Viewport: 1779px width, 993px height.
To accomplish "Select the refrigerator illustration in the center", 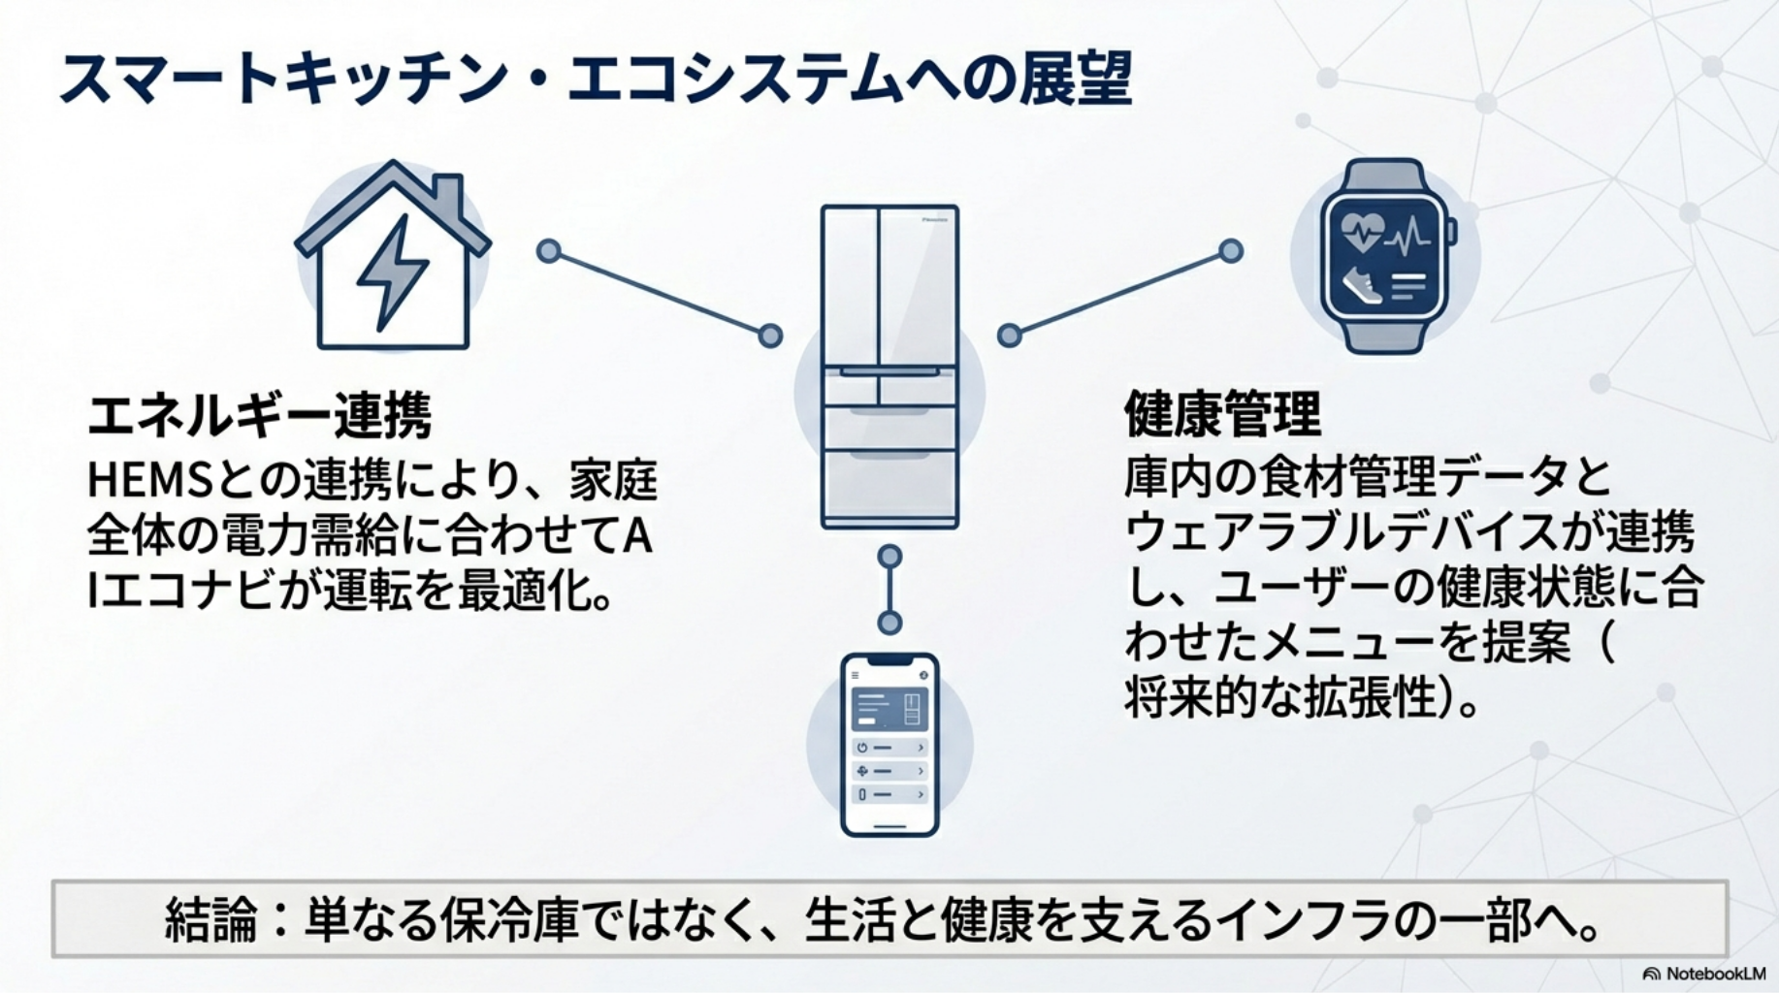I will click(889, 367).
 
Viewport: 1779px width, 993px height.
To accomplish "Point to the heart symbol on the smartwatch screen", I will click(1361, 231).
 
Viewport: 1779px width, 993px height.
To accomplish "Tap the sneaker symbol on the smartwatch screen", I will click(1361, 285).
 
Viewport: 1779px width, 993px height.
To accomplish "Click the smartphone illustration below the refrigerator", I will click(889, 744).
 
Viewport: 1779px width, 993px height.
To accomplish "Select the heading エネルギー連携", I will click(259, 416).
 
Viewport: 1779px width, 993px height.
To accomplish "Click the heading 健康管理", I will click(1222, 414).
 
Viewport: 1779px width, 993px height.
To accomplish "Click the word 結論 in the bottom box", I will click(211, 919).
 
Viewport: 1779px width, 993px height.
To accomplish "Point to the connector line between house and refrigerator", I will click(660, 294).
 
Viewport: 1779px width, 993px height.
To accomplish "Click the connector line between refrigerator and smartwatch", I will click(1120, 293).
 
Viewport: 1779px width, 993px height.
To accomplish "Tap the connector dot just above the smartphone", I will click(889, 622).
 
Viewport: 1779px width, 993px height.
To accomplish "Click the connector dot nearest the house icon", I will click(549, 252).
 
